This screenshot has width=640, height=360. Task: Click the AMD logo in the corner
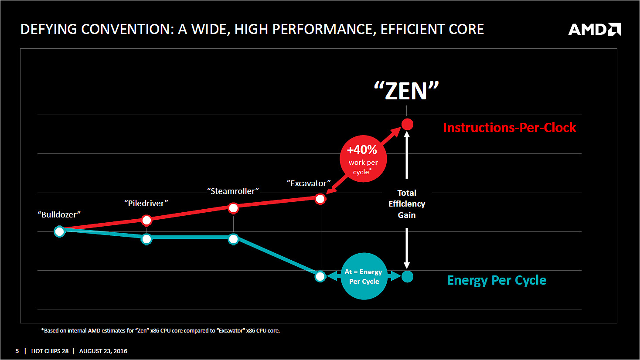click(x=594, y=29)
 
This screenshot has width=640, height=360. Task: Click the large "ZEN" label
click(x=406, y=91)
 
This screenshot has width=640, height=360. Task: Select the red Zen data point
click(x=407, y=125)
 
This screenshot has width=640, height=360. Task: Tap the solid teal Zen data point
click(x=407, y=276)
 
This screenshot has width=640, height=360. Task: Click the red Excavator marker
click(x=320, y=199)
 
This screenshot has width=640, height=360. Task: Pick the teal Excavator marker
click(x=320, y=276)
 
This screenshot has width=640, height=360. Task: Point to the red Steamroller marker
click(x=234, y=208)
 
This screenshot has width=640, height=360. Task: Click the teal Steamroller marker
click(x=234, y=239)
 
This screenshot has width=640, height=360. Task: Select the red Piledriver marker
click(x=147, y=220)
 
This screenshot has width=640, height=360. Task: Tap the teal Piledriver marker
click(x=147, y=239)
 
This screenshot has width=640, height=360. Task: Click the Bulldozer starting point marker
click(x=60, y=231)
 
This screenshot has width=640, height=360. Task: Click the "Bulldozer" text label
click(x=59, y=214)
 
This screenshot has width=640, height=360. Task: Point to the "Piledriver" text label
click(x=146, y=203)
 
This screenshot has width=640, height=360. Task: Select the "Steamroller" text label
click(x=233, y=191)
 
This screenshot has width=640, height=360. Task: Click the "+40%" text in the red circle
click(x=362, y=150)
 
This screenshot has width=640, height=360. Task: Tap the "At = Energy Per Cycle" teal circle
click(x=364, y=276)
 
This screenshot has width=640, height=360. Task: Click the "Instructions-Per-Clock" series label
click(x=509, y=128)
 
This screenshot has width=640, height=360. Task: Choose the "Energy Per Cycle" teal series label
click(x=497, y=280)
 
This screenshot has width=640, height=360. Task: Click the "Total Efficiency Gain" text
click(x=406, y=204)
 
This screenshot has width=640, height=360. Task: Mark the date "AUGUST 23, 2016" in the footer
click(x=103, y=351)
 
